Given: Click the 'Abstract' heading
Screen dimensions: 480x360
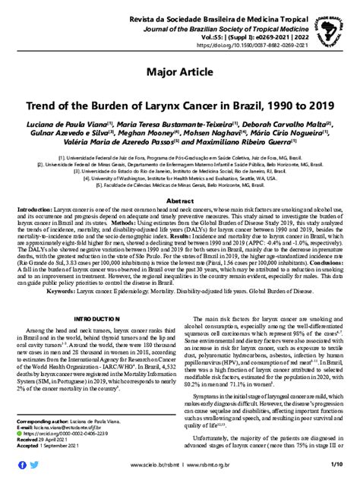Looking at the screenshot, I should pos(180,200).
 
